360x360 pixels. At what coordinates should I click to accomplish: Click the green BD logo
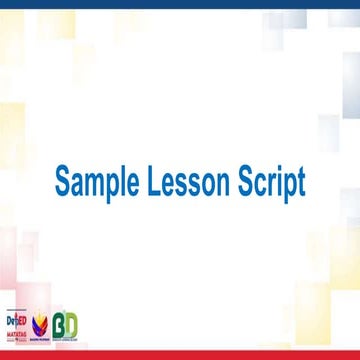click(66, 325)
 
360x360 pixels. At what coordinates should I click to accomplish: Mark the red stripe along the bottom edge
click(180, 354)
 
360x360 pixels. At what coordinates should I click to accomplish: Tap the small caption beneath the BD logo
click(66, 340)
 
